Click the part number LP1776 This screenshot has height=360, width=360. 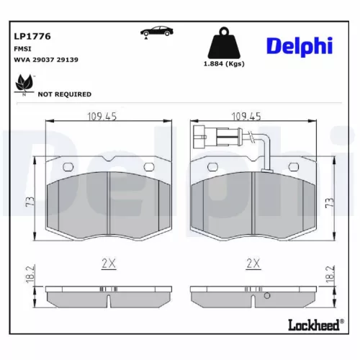(32, 36)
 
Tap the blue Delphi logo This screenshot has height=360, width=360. (300, 46)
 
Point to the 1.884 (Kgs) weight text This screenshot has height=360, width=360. (224, 64)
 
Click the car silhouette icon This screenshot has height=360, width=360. (157, 32)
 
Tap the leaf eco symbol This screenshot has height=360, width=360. (24, 84)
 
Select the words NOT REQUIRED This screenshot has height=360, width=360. (65, 94)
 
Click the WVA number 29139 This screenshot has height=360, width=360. (68, 60)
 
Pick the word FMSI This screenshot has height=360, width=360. (22, 49)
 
